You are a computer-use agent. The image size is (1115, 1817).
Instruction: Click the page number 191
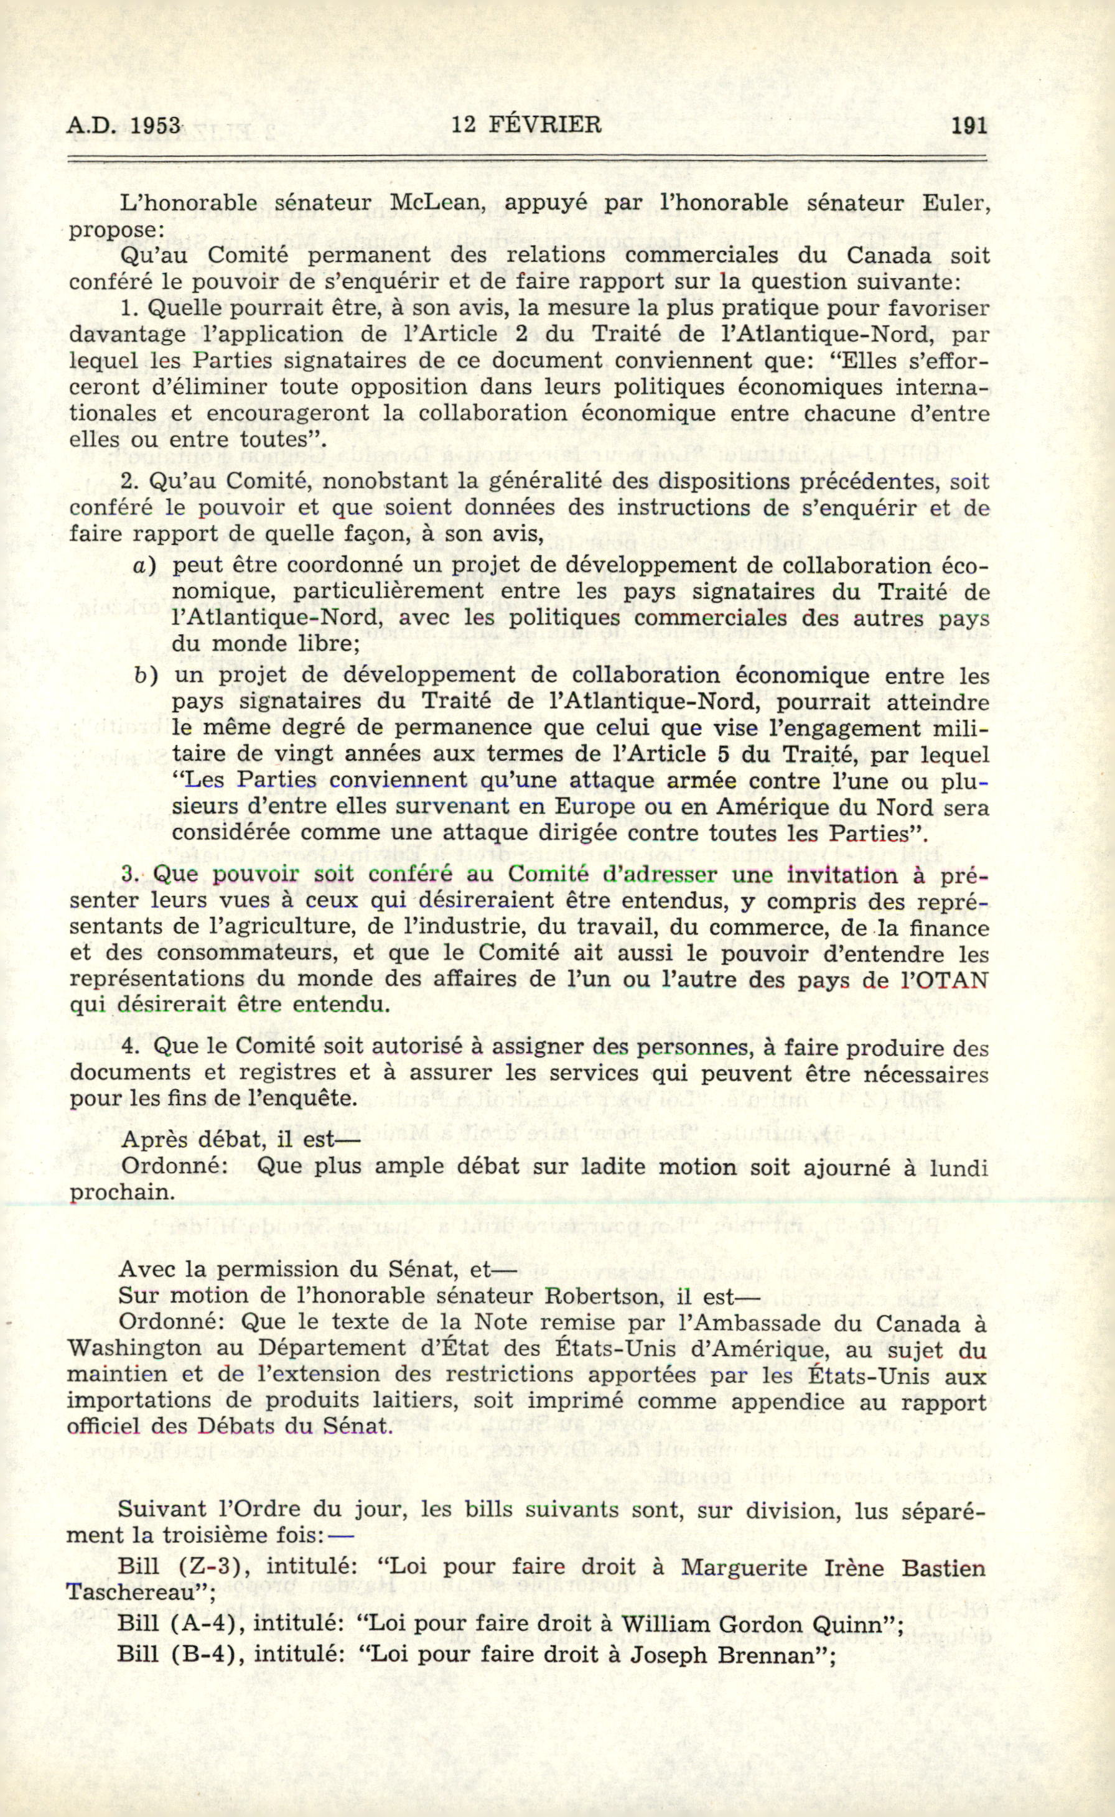969,127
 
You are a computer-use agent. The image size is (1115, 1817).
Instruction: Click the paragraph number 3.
130,875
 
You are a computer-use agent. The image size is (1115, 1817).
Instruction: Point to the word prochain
122,1192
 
